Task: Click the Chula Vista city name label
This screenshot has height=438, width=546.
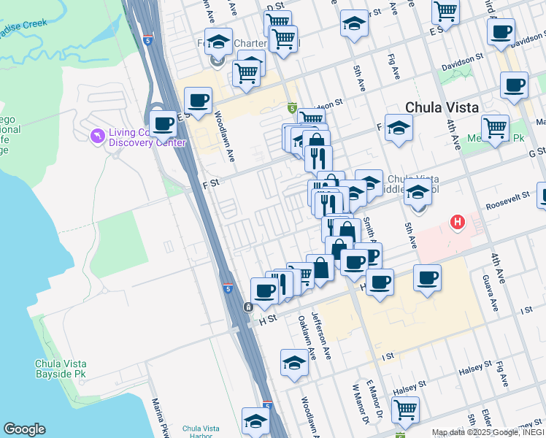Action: [442, 107]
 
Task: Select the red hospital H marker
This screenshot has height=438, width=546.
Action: [458, 221]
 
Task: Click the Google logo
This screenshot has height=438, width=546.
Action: [24, 429]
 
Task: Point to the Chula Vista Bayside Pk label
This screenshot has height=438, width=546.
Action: [65, 368]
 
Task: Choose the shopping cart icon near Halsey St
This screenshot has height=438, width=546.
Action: [405, 409]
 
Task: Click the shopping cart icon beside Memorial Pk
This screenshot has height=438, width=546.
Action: [496, 128]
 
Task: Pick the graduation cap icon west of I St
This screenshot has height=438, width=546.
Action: [294, 362]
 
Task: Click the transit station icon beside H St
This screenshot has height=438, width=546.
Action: [249, 307]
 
